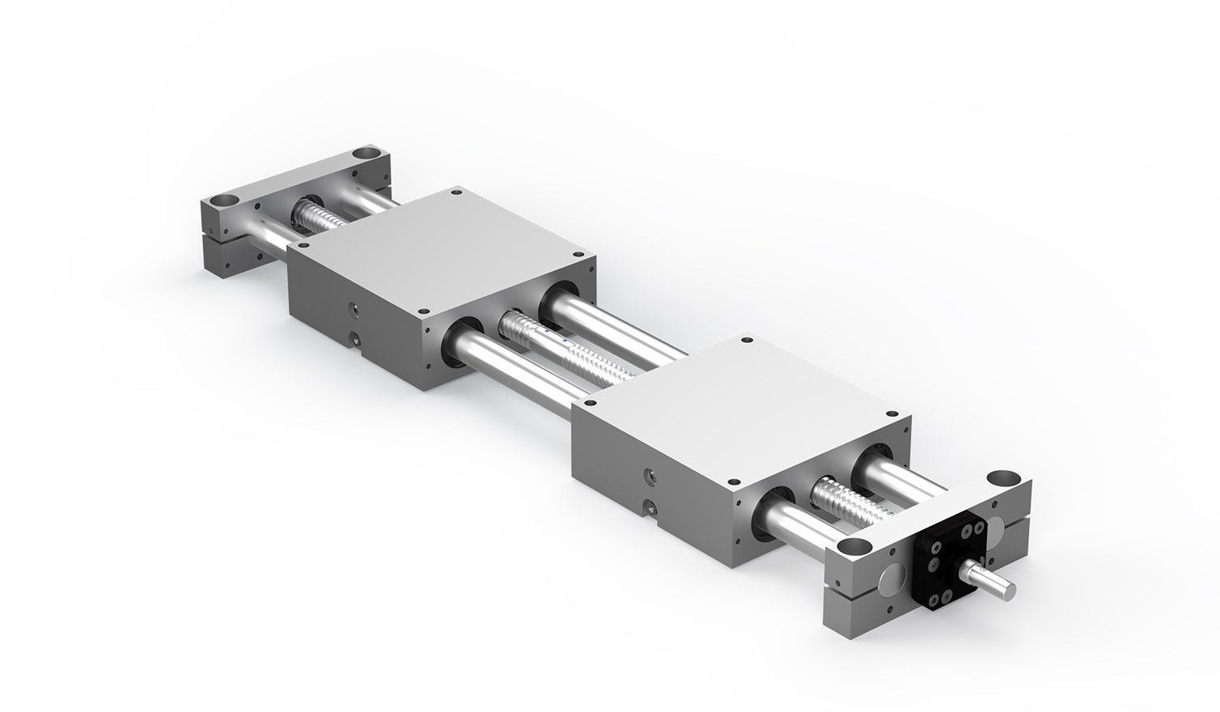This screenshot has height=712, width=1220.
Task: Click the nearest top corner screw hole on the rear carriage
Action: coord(421,312)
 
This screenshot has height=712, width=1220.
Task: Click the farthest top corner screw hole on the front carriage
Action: coord(745,341)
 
